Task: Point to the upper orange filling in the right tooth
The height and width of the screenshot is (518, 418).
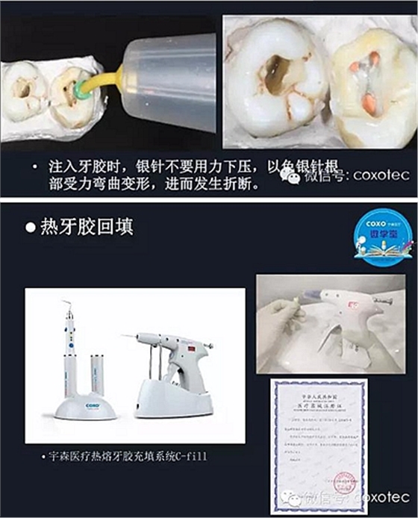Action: (x=373, y=57)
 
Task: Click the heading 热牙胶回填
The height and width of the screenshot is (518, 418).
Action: (x=87, y=227)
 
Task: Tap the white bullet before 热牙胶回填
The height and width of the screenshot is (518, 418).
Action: (x=31, y=228)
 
